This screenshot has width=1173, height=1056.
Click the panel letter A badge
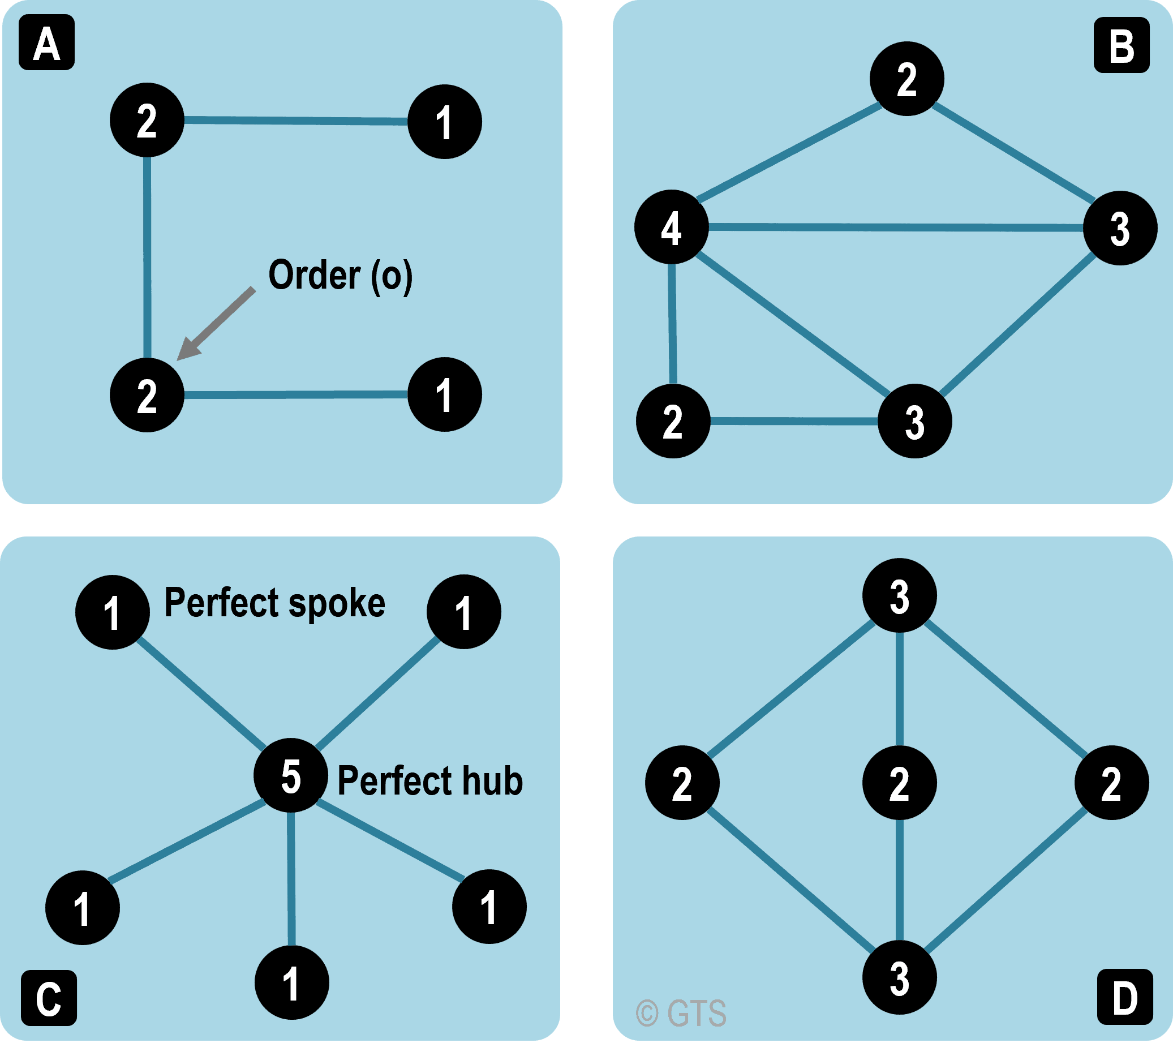coord(46,42)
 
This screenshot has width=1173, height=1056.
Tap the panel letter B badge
coord(1122,45)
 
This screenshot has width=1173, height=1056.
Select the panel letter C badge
coord(49,997)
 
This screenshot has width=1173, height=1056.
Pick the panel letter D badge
coord(1125,996)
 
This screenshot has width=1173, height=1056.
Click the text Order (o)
coord(341,275)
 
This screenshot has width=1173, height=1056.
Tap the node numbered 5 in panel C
coord(291,775)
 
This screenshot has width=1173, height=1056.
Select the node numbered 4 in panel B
coord(671,227)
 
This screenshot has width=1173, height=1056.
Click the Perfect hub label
coord(430,780)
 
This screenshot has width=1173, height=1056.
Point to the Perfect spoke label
coord(275,603)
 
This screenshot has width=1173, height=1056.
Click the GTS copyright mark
coord(681,1013)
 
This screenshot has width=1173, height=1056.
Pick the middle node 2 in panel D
coord(899,783)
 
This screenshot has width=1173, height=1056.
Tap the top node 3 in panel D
coord(899,595)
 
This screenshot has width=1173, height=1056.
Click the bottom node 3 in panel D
coord(899,977)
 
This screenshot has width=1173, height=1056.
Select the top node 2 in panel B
coord(906,79)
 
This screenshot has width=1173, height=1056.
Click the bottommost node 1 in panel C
coord(292,982)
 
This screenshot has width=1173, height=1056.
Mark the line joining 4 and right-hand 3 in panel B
coord(896,227)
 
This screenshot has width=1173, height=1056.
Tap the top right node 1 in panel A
coord(444,122)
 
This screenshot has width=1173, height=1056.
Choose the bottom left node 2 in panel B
coord(673,420)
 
